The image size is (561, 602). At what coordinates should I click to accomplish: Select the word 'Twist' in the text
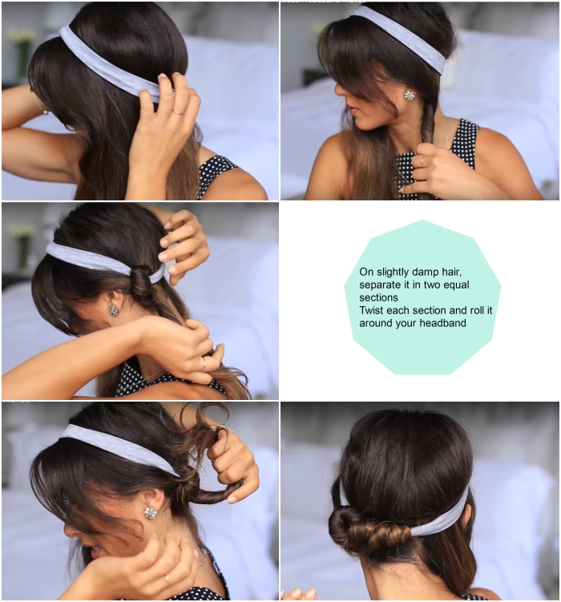[371, 310]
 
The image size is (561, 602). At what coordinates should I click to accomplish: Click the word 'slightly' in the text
[392, 273]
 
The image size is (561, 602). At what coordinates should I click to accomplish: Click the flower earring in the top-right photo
[410, 95]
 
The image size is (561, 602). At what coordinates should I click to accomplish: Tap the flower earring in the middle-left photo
[113, 310]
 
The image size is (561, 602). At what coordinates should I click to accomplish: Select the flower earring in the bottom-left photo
[151, 512]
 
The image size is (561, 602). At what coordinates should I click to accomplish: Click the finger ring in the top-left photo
[179, 111]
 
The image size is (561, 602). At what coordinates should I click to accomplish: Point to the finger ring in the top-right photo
[422, 160]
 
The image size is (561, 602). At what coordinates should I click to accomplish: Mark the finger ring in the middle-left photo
[204, 363]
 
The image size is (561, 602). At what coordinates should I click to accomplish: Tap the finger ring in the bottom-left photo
[167, 579]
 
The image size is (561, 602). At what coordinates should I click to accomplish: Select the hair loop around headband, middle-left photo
[140, 282]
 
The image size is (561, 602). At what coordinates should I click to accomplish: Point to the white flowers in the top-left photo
[22, 37]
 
